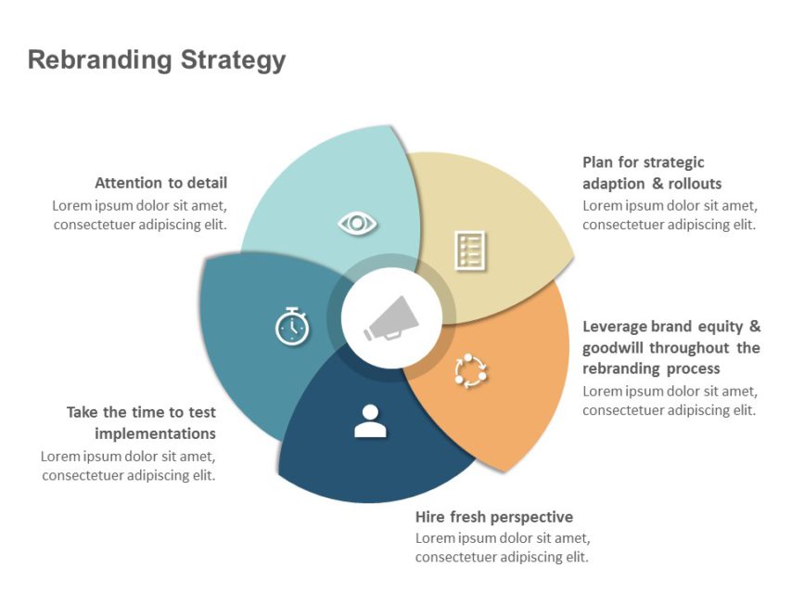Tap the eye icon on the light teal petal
pyautogui.click(x=357, y=223)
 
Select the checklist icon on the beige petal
pyautogui.click(x=469, y=251)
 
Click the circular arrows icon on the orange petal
pyautogui.click(x=470, y=370)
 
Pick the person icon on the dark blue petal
pyautogui.click(x=369, y=421)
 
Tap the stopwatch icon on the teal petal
pyautogui.click(x=291, y=326)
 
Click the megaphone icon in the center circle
pyautogui.click(x=391, y=318)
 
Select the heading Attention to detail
pyautogui.click(x=160, y=183)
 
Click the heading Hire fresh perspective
pyautogui.click(x=494, y=517)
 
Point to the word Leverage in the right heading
pyautogui.click(x=614, y=327)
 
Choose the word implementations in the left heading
pyautogui.click(x=155, y=433)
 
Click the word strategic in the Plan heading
pyautogui.click(x=674, y=162)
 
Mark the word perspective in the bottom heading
pyautogui.click(x=531, y=517)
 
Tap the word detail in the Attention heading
pyautogui.click(x=207, y=183)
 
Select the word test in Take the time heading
pyautogui.click(x=201, y=412)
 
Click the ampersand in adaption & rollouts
pyautogui.click(x=652, y=184)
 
